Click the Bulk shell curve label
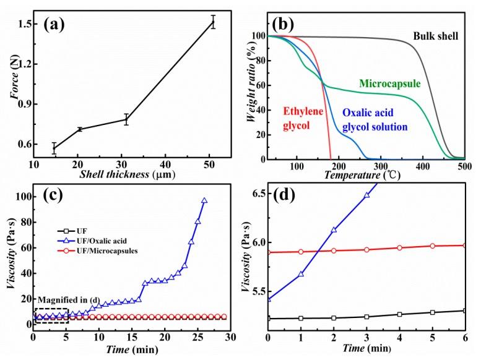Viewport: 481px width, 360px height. point(436,36)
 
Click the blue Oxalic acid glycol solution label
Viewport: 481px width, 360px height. point(375,121)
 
